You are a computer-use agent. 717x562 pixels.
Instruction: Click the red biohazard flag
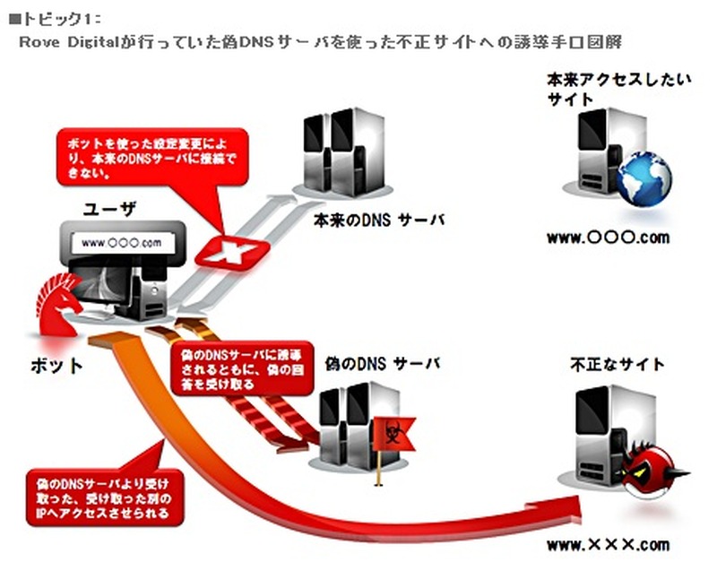click(x=386, y=429)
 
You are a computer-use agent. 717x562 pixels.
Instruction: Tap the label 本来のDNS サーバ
click(x=378, y=220)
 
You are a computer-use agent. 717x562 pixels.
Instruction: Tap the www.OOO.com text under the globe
click(x=608, y=238)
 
